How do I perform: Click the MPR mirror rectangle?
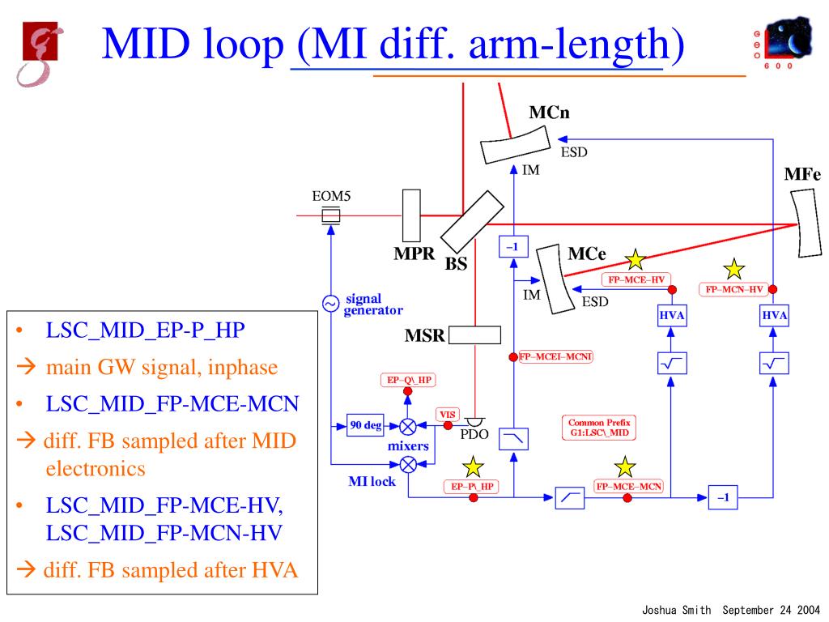coord(411,215)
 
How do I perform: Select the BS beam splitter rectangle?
coord(472,222)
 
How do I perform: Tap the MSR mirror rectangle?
coord(474,335)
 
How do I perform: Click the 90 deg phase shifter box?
coord(365,425)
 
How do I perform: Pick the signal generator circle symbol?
coord(331,303)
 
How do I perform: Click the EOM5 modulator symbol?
coord(331,215)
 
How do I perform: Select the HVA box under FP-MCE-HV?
coord(672,316)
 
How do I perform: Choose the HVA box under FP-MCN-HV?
coord(774,316)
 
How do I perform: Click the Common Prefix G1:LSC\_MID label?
coord(599,428)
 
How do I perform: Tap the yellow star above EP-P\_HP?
coord(473,467)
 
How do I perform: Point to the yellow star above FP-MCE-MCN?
coord(625,467)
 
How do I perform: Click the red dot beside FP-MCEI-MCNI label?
coord(512,357)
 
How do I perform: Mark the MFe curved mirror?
coord(806,224)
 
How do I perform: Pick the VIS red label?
coord(447,415)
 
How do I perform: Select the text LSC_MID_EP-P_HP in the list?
coord(146,330)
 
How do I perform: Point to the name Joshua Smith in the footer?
coord(676,610)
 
